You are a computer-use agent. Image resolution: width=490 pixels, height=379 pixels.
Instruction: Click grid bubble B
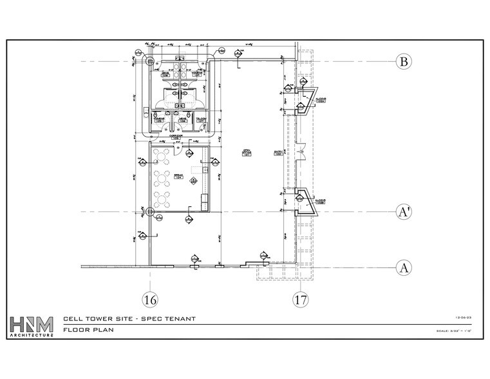(x=404, y=62)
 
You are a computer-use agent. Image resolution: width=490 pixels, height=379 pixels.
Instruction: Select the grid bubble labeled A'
(x=404, y=212)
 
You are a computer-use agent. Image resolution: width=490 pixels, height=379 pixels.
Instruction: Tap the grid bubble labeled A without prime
(x=404, y=267)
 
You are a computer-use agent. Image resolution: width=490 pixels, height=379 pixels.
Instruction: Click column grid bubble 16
(x=150, y=299)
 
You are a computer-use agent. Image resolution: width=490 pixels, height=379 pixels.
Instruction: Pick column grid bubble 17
(x=300, y=299)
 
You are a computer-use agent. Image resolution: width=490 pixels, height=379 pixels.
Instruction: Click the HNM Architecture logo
(x=32, y=327)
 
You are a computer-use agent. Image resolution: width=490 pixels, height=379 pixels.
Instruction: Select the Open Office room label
(x=246, y=153)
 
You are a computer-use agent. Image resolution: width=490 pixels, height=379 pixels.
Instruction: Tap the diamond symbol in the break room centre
(x=193, y=181)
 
